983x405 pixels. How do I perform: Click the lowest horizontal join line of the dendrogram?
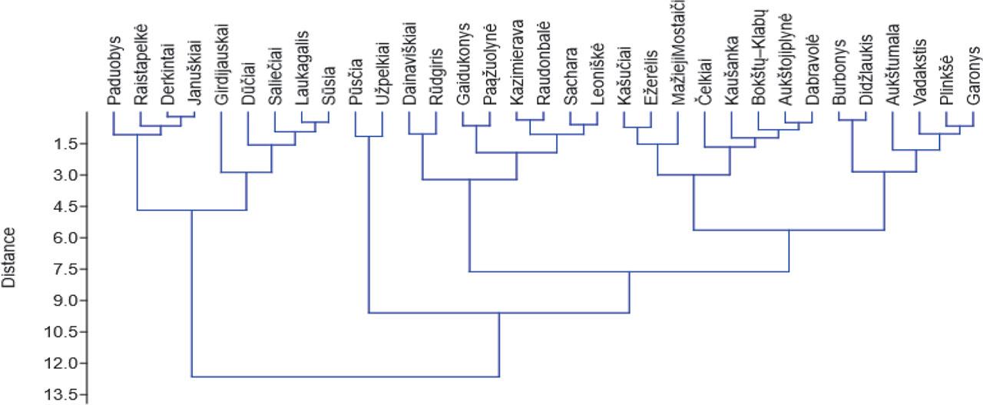tap(345, 377)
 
